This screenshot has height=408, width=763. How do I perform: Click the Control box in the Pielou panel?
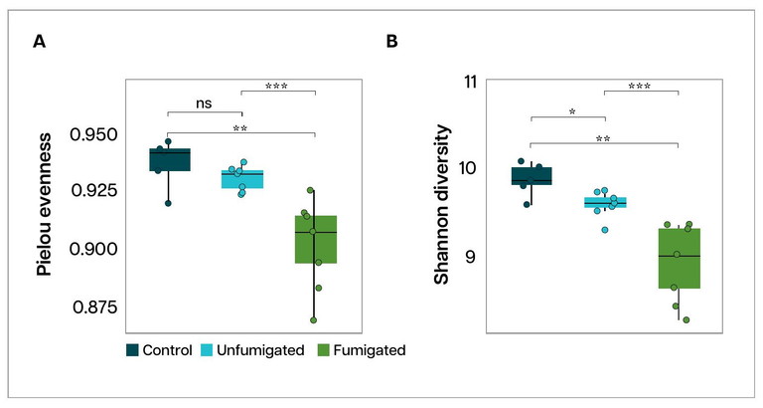tap(170, 159)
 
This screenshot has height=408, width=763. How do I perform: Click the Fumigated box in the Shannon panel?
tap(679, 259)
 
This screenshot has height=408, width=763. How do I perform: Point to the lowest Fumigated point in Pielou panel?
tap(314, 320)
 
